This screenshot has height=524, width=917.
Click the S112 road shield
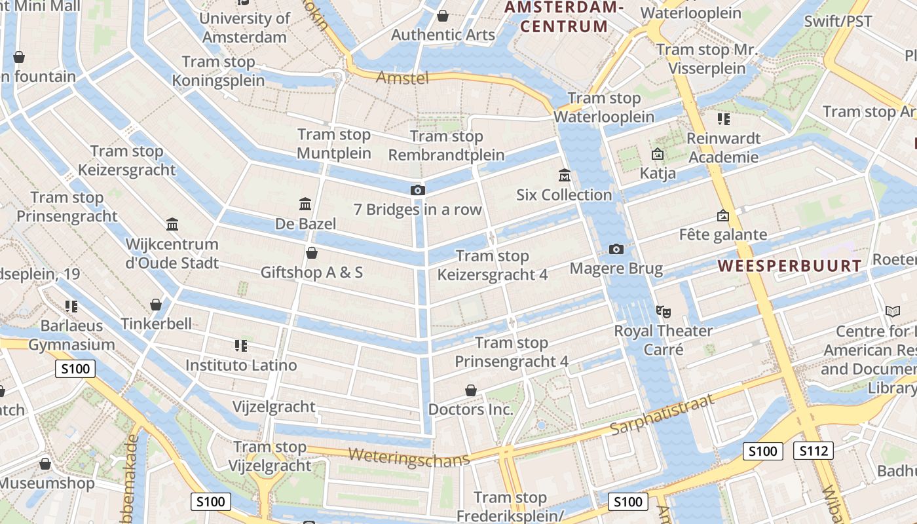click(813, 451)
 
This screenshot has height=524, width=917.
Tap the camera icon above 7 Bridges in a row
click(417, 191)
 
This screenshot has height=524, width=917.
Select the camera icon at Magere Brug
click(616, 250)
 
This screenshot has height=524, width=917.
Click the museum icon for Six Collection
click(564, 176)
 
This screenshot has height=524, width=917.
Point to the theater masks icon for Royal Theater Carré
click(663, 312)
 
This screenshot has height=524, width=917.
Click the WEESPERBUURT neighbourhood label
click(789, 266)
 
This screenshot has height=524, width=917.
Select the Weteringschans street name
click(409, 457)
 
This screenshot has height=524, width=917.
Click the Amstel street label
click(402, 78)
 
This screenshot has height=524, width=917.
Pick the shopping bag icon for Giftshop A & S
click(312, 253)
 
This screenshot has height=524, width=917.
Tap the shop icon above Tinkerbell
click(156, 305)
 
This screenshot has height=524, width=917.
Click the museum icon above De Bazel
click(305, 204)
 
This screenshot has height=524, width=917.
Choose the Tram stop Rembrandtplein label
click(447, 145)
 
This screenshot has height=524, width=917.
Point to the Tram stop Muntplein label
click(334, 144)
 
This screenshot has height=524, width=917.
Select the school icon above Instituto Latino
click(240, 345)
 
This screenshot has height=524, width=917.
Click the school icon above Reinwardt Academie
click(723, 119)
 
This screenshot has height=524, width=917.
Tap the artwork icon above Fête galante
click(723, 215)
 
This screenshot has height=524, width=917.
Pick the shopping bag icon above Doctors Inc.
click(470, 391)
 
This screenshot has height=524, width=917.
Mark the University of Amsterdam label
click(244, 28)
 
